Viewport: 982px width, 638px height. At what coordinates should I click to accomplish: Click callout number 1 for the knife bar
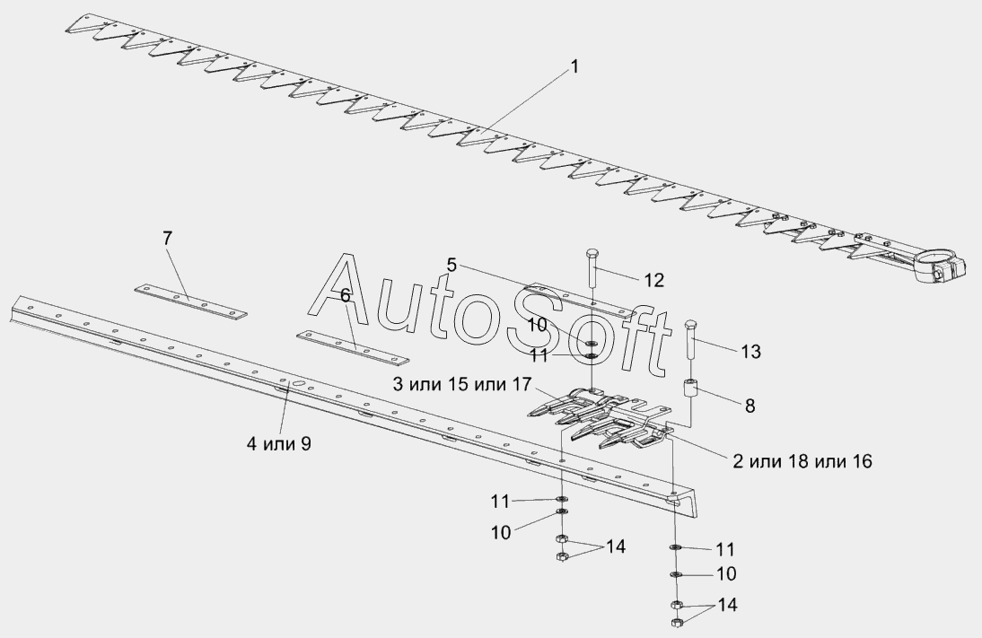[574, 66]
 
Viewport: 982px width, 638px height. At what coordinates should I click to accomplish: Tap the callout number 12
[653, 280]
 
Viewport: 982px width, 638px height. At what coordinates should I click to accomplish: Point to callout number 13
[750, 352]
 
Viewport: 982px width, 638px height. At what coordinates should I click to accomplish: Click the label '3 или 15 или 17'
[463, 385]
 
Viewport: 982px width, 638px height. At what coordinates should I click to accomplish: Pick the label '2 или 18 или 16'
[802, 461]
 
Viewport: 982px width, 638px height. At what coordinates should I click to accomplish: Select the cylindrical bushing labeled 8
[692, 393]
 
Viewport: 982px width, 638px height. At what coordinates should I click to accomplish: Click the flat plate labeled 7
[190, 301]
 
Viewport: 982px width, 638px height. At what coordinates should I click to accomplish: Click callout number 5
[452, 265]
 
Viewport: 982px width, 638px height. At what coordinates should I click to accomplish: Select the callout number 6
[345, 295]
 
